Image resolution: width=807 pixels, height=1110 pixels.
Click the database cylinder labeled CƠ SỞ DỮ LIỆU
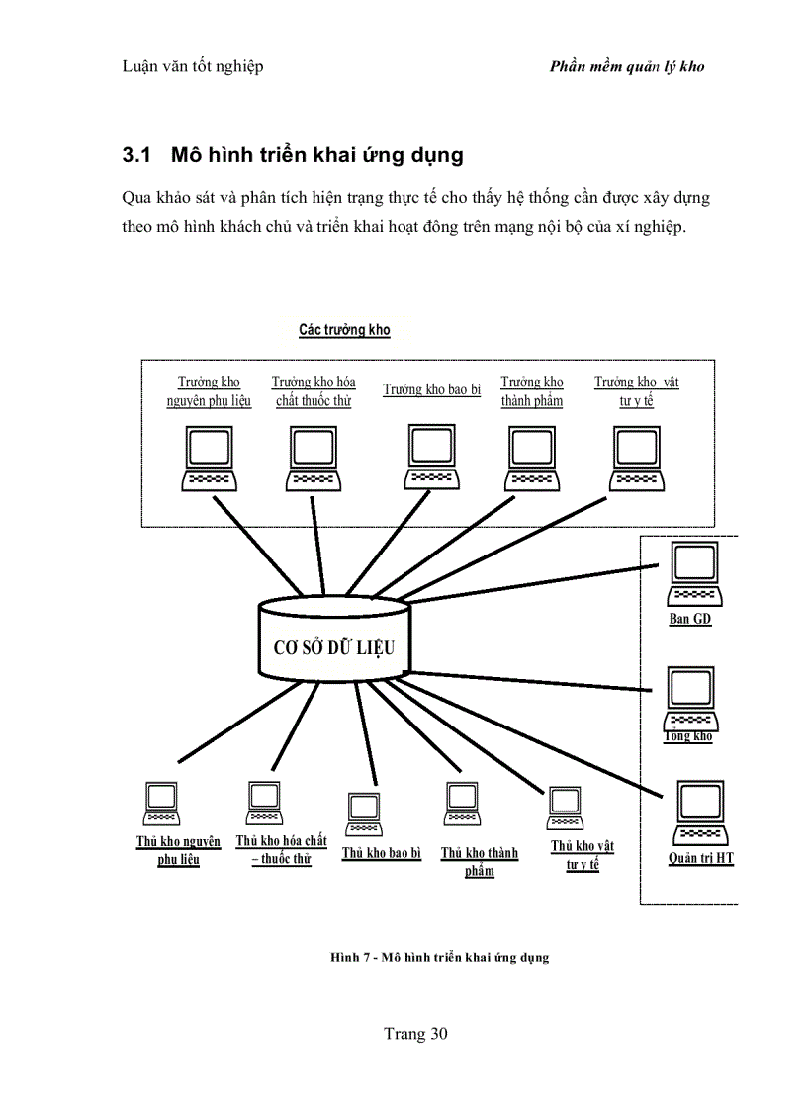pos(332,647)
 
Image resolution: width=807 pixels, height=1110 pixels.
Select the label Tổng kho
pos(688,736)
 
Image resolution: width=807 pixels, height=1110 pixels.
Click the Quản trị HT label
pos(700,858)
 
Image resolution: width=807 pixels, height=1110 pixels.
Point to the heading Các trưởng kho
pos(344,330)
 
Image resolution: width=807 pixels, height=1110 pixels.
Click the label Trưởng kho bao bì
pos(431,390)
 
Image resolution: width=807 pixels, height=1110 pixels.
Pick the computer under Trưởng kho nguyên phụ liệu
pos(211,459)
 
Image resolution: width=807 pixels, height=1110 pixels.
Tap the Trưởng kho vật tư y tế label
pos(637,391)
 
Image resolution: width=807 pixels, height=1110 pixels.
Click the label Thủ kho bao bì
pos(382,853)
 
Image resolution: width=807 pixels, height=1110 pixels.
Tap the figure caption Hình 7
pos(439,957)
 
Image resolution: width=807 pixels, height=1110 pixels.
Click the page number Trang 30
pos(415,1035)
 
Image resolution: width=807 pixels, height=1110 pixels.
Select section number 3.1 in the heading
pos(135,156)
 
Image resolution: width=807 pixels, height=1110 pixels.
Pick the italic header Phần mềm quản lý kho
pos(626,68)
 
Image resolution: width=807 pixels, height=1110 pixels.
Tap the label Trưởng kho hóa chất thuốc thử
pos(314,391)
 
